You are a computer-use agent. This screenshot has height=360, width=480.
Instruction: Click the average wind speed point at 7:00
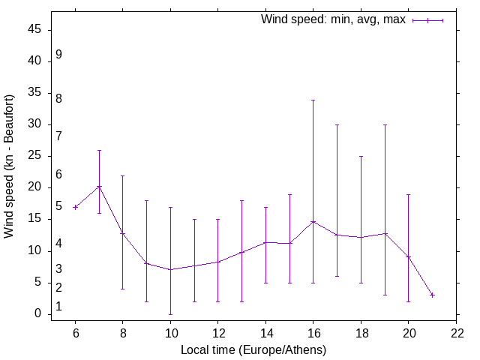pyautogui.click(x=99, y=187)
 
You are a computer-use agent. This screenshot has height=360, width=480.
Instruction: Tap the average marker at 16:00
pyautogui.click(x=313, y=222)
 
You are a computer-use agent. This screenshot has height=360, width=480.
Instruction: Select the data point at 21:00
pyautogui.click(x=432, y=295)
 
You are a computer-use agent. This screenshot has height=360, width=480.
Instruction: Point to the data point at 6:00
pyautogui.click(x=75, y=207)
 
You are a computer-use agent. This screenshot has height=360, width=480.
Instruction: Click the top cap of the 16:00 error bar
pyautogui.click(x=313, y=100)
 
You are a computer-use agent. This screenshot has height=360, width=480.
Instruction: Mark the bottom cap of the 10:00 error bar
pyautogui.click(x=170, y=314)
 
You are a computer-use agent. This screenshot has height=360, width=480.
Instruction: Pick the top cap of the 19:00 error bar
pyautogui.click(x=385, y=125)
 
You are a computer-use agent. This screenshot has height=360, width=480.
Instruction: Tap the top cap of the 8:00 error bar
pyautogui.click(x=123, y=175)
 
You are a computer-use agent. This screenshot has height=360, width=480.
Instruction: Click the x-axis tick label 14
pyautogui.click(x=265, y=334)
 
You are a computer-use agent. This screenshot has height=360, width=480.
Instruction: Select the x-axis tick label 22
pyautogui.click(x=456, y=334)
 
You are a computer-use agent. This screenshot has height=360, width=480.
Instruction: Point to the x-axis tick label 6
pyautogui.click(x=75, y=334)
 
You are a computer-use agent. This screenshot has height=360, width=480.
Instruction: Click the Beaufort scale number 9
pyautogui.click(x=58, y=55)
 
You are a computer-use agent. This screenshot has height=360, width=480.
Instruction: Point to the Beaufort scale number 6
pyautogui.click(x=58, y=175)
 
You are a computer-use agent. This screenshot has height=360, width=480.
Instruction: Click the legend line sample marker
pyautogui.click(x=427, y=20)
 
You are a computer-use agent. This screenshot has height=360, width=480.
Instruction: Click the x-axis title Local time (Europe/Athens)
pyautogui.click(x=253, y=349)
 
